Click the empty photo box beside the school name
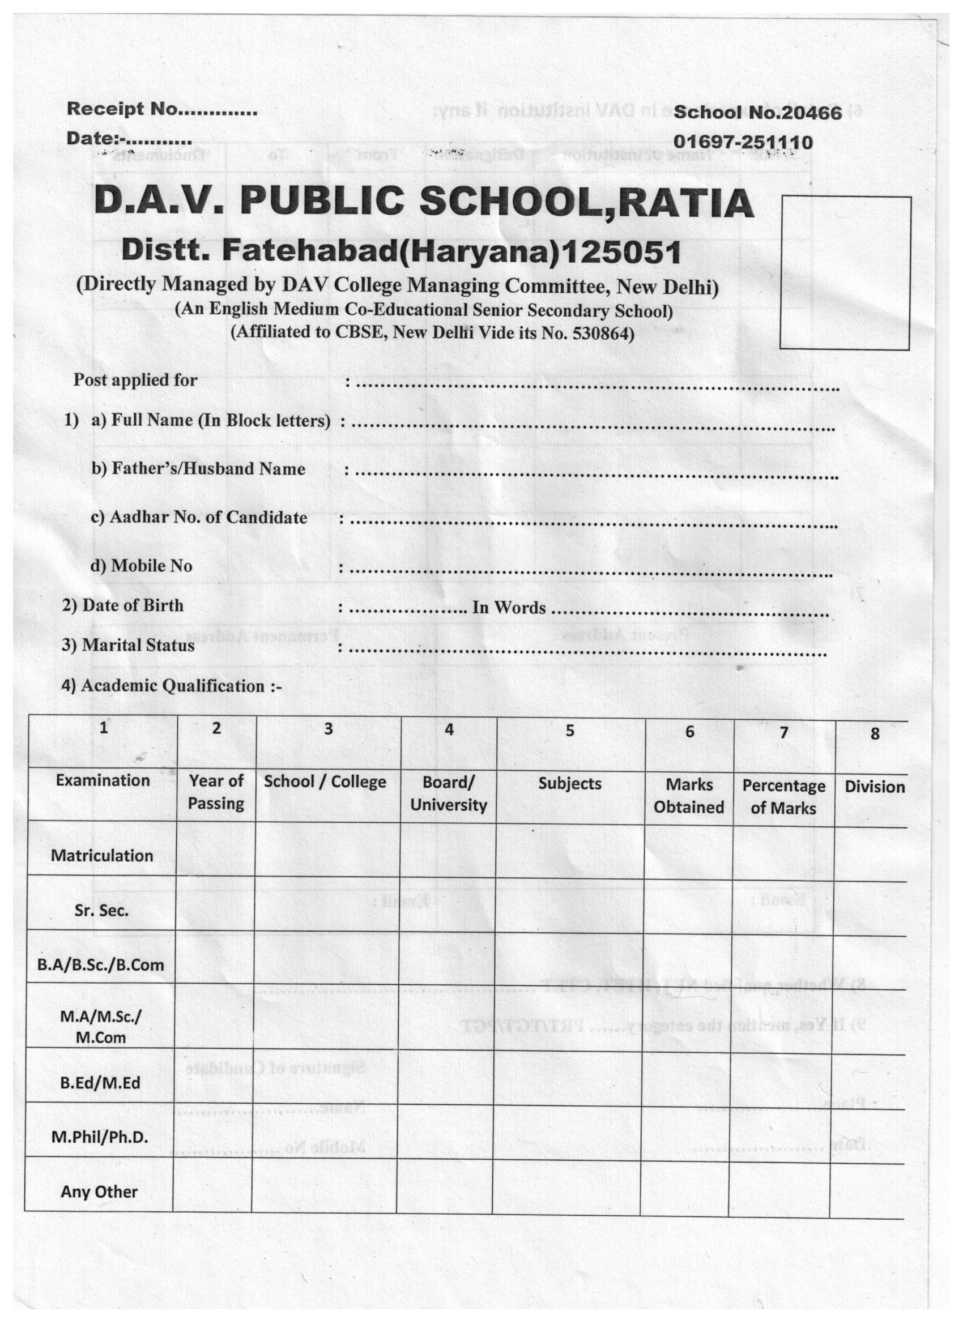(x=845, y=272)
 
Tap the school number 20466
(x=811, y=113)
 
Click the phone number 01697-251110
(x=742, y=142)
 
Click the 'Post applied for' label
(x=135, y=380)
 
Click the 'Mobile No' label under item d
(x=151, y=566)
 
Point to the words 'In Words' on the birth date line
(x=509, y=608)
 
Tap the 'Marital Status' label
(x=138, y=645)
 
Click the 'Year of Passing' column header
(x=216, y=792)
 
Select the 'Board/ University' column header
(x=448, y=793)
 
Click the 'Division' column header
(x=874, y=787)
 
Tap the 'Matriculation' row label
(x=101, y=856)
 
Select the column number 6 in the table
(x=689, y=732)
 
